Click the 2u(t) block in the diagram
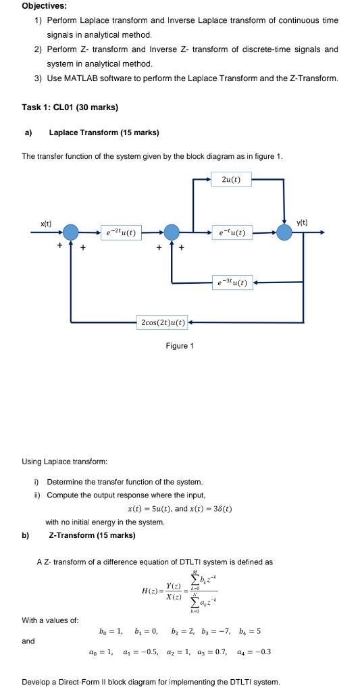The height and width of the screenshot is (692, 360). coord(235,179)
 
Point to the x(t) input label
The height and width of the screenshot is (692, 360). coord(46,223)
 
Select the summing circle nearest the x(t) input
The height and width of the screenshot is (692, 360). coord(72,232)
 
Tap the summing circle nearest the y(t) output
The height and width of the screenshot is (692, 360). coord(284,232)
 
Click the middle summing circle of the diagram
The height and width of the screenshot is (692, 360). coord(172,232)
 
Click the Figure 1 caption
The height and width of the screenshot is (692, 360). coord(180,346)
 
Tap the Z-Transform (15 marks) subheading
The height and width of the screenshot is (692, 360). coord(92,535)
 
